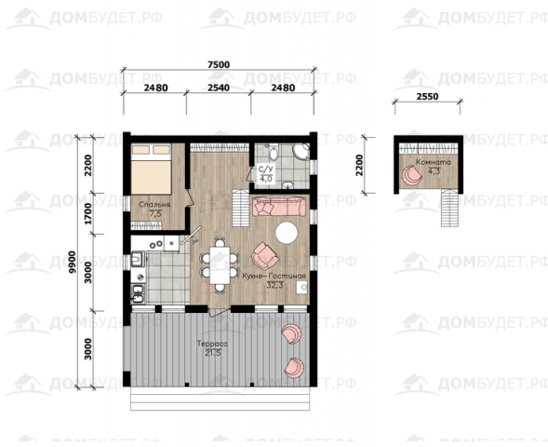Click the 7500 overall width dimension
pos(219,64)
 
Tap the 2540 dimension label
pos(219,88)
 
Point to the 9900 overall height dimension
pos(73,262)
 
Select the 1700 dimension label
pos(88,213)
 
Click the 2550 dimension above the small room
pos(427,96)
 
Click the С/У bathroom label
pos(265,169)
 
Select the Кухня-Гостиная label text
pos(274,276)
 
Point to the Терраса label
pos(212,344)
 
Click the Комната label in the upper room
pos(434,162)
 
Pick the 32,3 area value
pos(274,285)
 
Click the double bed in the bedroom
pos(152,169)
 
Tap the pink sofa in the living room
pos(279,207)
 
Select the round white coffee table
pos(287,232)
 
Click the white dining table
pos(220,265)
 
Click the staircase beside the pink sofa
pos(241,208)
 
